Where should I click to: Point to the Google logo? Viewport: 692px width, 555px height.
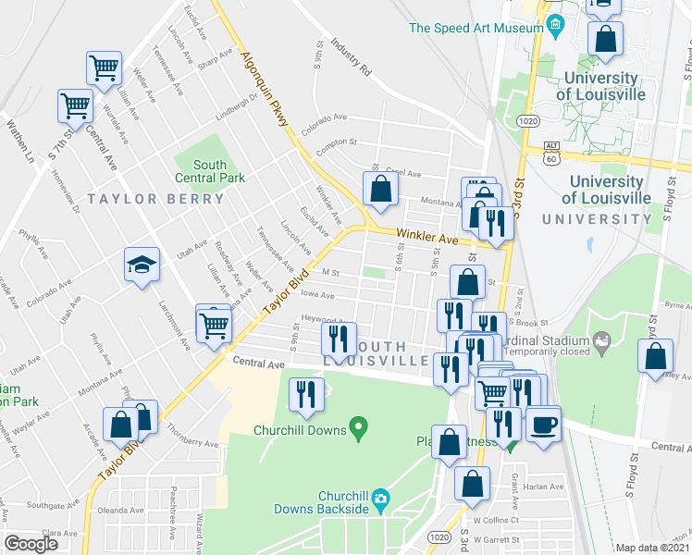click(x=31, y=544)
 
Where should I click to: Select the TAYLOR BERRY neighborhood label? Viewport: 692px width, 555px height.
click(x=155, y=199)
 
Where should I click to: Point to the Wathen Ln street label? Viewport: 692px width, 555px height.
click(x=21, y=138)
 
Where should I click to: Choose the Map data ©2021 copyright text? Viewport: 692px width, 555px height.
click(x=653, y=548)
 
